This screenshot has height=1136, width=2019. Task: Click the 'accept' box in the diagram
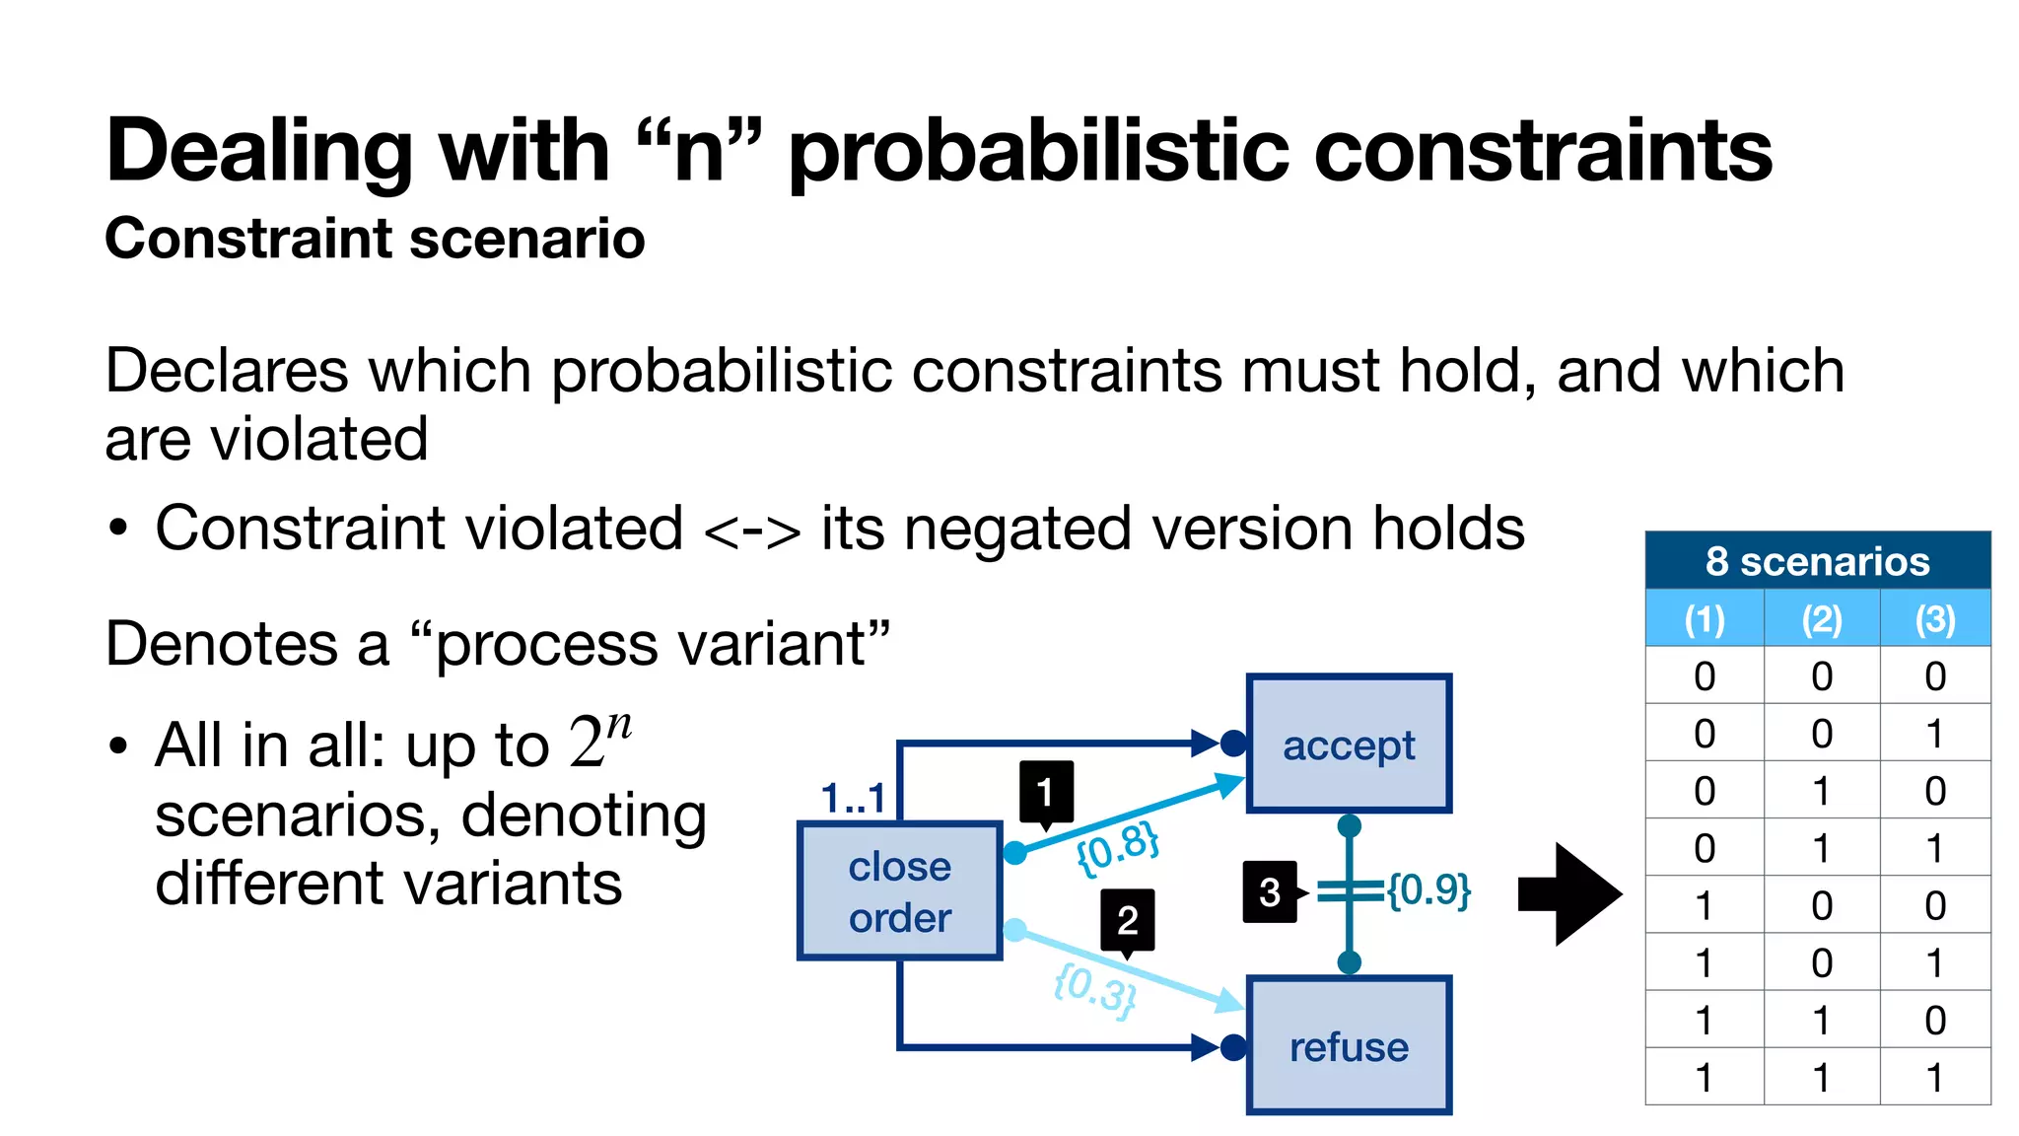click(1349, 744)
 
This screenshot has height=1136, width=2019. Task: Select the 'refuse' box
click(1349, 1045)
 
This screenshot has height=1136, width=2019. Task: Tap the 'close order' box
click(899, 891)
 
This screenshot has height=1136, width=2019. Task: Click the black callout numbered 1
click(1046, 791)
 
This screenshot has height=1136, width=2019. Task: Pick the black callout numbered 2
click(1128, 920)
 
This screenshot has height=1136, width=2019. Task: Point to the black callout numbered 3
click(1270, 891)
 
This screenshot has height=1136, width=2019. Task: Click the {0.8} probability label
click(1117, 847)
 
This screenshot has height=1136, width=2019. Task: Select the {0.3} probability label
click(1095, 989)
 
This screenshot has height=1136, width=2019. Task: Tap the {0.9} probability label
click(1428, 889)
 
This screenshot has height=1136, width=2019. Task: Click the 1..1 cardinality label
click(853, 797)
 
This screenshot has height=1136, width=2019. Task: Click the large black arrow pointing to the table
click(1569, 893)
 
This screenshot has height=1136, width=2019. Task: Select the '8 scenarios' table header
click(1817, 561)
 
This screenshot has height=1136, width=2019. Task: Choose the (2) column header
click(1822, 618)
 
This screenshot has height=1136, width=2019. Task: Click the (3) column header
click(1935, 618)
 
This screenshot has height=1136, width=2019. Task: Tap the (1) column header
click(1705, 618)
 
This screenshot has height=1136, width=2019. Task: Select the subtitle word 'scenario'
click(527, 239)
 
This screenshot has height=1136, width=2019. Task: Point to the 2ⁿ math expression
click(600, 740)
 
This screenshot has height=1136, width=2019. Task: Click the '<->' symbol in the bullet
click(752, 531)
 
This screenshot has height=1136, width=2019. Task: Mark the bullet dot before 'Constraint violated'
click(118, 529)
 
